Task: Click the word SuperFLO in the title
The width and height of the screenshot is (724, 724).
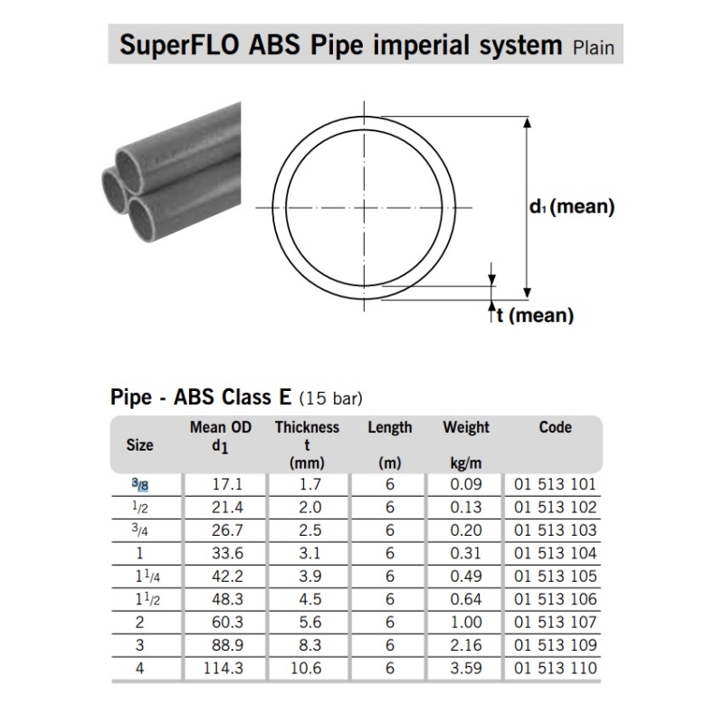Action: [179, 44]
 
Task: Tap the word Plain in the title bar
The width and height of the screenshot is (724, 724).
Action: [594, 48]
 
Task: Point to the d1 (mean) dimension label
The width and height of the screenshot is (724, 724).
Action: [572, 206]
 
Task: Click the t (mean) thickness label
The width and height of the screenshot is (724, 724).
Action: [535, 315]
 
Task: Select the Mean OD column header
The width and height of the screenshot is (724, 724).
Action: [221, 427]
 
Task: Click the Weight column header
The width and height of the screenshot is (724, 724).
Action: [466, 427]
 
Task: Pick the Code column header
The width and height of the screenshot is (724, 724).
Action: [555, 427]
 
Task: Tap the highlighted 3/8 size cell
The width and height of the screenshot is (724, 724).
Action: [140, 484]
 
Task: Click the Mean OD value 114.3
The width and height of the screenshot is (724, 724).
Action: [223, 668]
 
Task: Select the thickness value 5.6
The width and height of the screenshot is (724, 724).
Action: [310, 622]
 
